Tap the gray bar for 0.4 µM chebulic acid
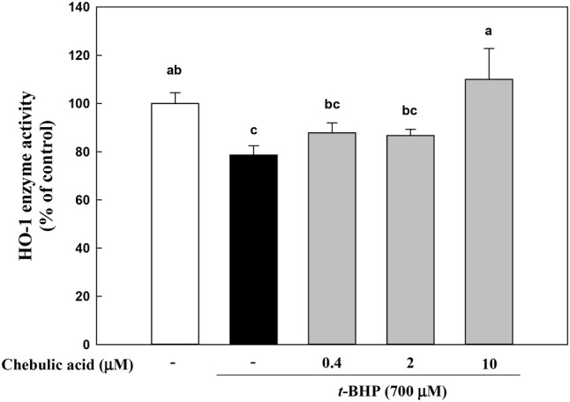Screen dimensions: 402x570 point(332,238)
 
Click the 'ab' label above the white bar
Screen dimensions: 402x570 point(176,70)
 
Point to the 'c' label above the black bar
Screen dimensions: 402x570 point(253,131)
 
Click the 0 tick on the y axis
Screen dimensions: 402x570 point(113,345)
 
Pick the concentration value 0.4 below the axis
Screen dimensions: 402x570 point(332,365)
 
